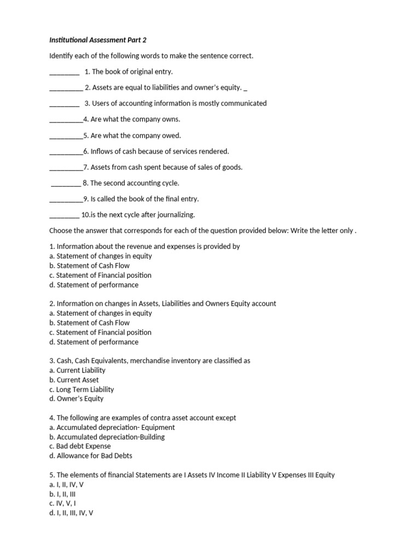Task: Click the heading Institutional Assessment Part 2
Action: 98,40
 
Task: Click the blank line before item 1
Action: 64,72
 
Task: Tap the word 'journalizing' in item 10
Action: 176,215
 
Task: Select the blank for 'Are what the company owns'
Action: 66,120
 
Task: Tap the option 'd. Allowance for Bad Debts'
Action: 90,456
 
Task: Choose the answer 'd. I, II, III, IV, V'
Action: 71,513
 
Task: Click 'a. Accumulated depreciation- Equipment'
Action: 112,427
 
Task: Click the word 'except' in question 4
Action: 225,418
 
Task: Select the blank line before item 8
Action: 66,184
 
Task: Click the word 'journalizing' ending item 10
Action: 176,215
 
